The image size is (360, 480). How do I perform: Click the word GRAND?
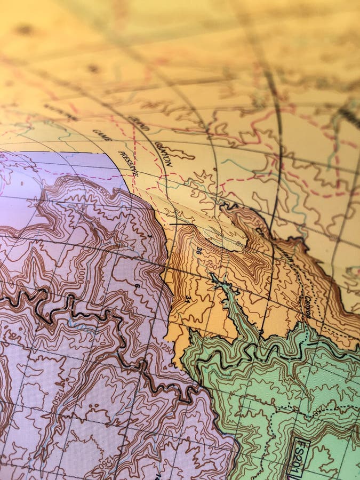pos(138,122)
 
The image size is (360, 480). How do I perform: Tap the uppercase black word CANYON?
pos(164,154)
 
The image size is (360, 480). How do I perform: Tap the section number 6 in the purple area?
pos(137,286)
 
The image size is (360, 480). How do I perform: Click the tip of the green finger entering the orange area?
pos(213,277)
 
